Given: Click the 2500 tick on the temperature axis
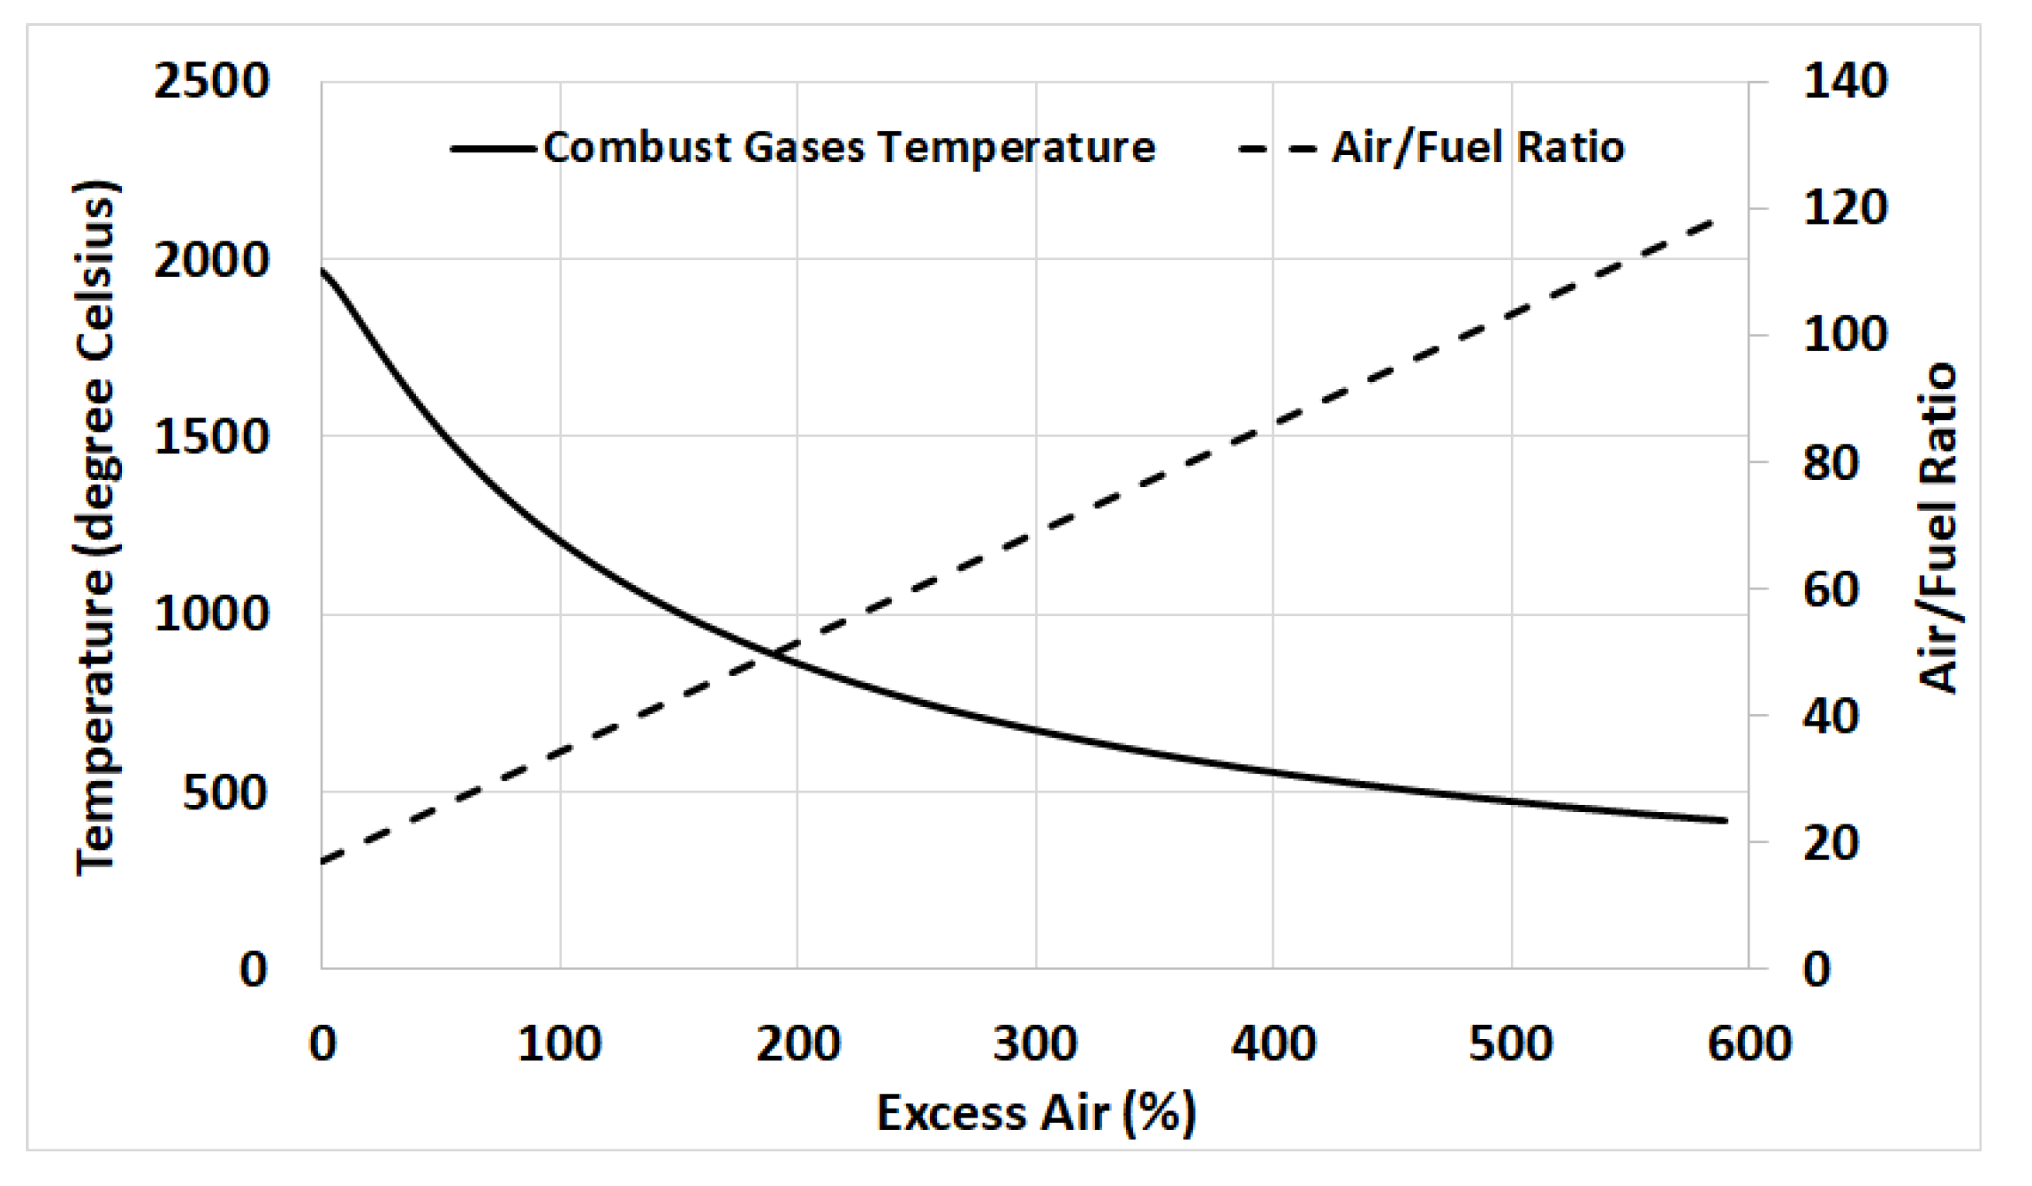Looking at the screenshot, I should coord(211,82).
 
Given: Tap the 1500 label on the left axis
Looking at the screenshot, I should coord(211,437).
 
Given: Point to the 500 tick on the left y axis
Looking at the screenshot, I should coord(224,792).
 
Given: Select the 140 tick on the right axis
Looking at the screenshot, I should coord(1845,82).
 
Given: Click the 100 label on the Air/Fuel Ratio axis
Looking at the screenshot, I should coord(1845,336).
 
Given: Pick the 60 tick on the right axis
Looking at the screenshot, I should coord(1831,589).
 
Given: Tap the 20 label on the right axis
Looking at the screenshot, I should coord(1831,842).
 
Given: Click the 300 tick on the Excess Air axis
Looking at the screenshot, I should coord(1035,1043).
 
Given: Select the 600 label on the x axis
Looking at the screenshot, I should coord(1749,1043).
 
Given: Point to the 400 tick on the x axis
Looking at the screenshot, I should coord(1273,1043).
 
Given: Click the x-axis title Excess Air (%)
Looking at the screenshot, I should coord(1035,1113).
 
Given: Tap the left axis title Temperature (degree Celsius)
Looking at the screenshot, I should coord(95,527).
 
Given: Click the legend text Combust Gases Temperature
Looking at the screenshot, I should coord(848,148).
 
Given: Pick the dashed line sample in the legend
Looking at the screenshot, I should coord(1277,149).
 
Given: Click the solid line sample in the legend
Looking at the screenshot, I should coord(493,149).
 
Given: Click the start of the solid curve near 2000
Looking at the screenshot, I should coord(323,270).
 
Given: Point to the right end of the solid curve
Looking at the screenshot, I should coord(1725,820).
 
